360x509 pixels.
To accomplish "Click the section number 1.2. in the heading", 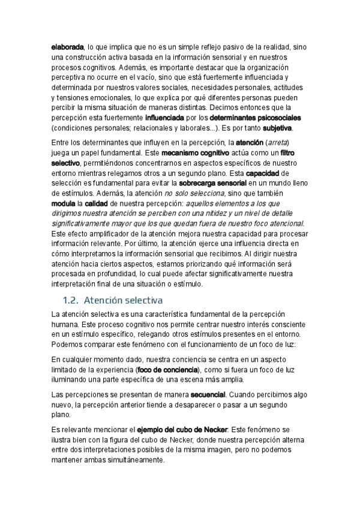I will tap(71, 300).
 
